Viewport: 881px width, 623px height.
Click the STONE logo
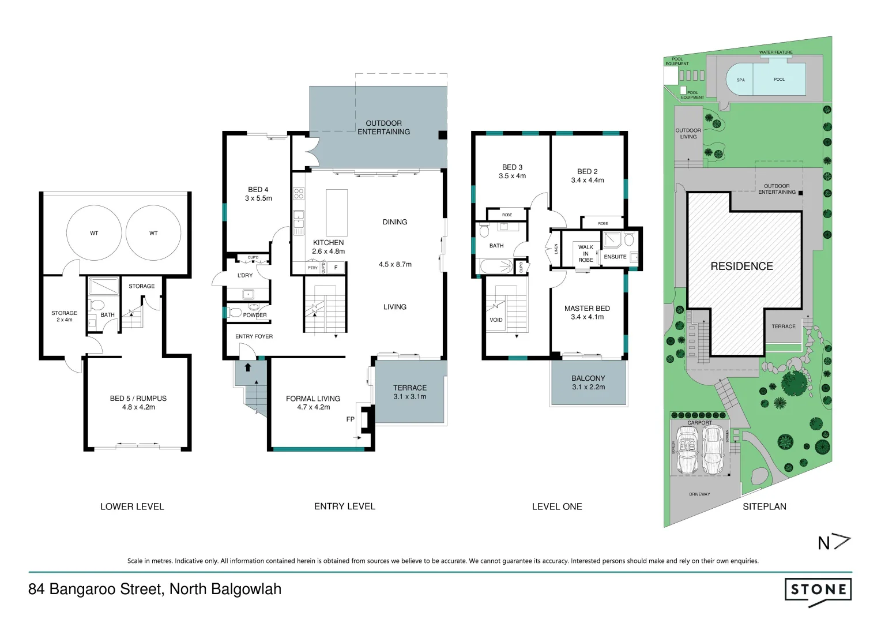tap(818, 590)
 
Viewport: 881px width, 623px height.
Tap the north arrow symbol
tap(834, 543)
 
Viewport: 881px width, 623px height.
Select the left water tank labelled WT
tap(94, 233)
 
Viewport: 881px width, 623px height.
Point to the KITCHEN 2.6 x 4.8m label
tap(328, 247)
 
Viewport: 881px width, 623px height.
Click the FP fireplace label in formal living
tap(350, 419)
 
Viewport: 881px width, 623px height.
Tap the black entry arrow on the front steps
tap(248, 367)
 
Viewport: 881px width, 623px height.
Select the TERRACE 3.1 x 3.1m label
tap(410, 392)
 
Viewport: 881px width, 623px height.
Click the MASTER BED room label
tap(587, 313)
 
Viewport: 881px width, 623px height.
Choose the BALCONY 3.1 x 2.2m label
tap(588, 382)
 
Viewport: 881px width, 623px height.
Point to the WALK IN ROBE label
tap(586, 254)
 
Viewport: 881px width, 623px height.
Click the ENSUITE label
tap(615, 257)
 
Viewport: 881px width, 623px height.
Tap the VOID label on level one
tap(496, 320)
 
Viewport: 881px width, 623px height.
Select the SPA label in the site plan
tap(740, 80)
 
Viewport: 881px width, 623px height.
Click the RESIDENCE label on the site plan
tap(741, 267)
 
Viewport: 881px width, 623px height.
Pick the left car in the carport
tap(687, 449)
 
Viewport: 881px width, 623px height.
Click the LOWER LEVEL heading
tap(132, 506)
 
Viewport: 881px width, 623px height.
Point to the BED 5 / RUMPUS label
tap(138, 403)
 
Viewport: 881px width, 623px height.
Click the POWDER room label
tap(255, 315)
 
